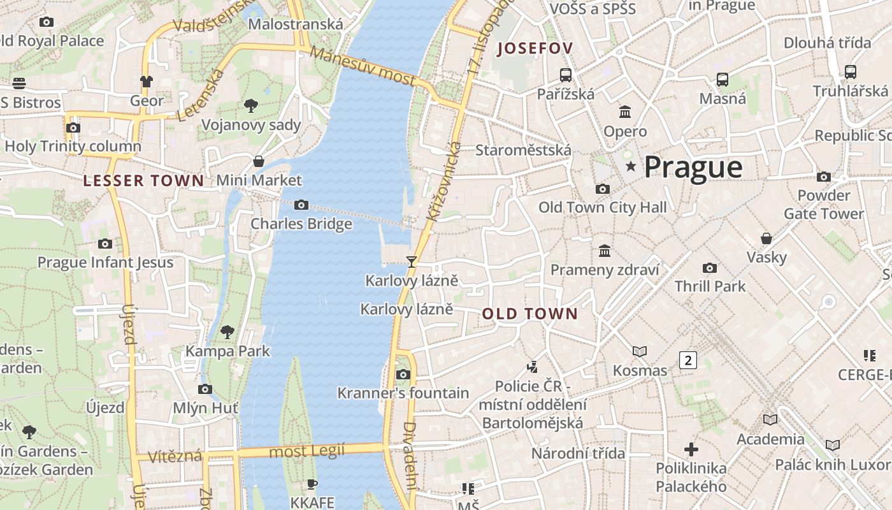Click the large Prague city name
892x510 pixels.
(x=693, y=167)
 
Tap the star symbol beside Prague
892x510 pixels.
(x=631, y=166)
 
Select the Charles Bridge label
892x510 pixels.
(x=301, y=224)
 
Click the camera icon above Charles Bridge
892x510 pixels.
(x=301, y=205)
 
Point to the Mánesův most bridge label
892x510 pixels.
(x=363, y=66)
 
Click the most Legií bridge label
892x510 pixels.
(x=306, y=451)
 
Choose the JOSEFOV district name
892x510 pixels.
(x=535, y=48)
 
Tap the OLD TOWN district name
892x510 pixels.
(x=529, y=314)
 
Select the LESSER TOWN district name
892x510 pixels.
(x=143, y=180)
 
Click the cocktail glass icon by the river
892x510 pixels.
(x=412, y=261)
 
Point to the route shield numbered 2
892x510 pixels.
(x=687, y=360)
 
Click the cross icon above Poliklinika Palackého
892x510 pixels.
(x=691, y=449)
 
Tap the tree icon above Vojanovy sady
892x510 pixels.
(x=251, y=105)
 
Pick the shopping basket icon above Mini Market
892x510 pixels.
(x=259, y=161)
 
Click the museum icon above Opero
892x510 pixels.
(x=625, y=112)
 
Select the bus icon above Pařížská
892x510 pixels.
(x=565, y=75)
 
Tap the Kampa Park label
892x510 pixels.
(x=227, y=351)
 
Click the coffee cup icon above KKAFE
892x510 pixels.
(x=312, y=484)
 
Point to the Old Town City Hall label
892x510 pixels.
(x=602, y=207)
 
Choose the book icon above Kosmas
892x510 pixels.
(x=639, y=351)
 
